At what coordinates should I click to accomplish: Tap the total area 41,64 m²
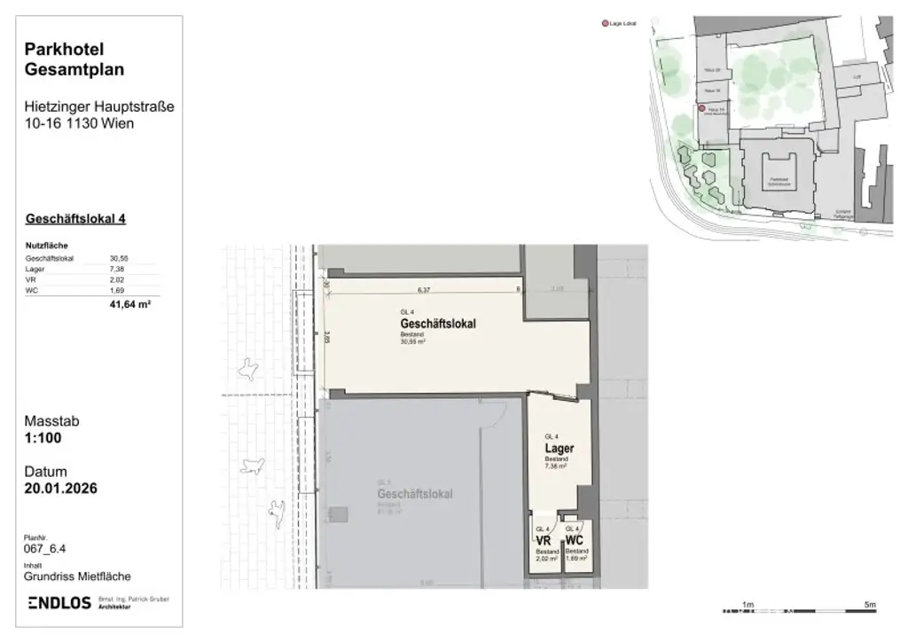point(127,304)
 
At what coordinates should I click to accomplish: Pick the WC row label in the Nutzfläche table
point(33,290)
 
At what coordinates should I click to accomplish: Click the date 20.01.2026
point(61,488)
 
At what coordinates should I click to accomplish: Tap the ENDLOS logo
point(60,603)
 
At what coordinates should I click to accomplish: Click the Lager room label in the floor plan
point(559,449)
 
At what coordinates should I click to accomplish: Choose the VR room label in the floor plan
point(544,540)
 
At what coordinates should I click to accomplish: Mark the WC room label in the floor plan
point(574,540)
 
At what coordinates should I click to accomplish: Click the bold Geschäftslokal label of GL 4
point(438,324)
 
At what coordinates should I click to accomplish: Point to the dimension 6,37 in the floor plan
point(424,289)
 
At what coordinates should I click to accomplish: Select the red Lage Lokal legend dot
point(606,23)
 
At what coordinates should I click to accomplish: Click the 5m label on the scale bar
point(871,605)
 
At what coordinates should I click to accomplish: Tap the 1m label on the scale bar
point(748,605)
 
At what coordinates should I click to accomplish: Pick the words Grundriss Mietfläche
point(78,576)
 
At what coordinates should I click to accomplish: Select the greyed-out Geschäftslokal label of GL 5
point(415,493)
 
